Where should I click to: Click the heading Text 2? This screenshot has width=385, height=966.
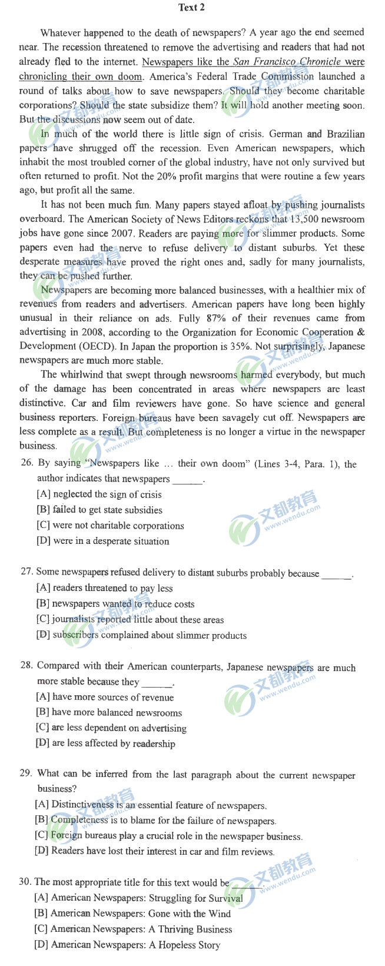tap(191, 8)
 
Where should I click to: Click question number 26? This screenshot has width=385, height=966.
tap(26, 463)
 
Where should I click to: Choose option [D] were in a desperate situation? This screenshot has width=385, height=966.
tap(102, 541)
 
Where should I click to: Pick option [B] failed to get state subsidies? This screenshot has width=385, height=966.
tap(99, 510)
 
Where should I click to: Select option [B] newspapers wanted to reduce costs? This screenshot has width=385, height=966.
tap(115, 603)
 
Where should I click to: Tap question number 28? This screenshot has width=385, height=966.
tap(26, 665)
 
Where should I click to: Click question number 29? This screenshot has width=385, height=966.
tap(26, 775)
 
